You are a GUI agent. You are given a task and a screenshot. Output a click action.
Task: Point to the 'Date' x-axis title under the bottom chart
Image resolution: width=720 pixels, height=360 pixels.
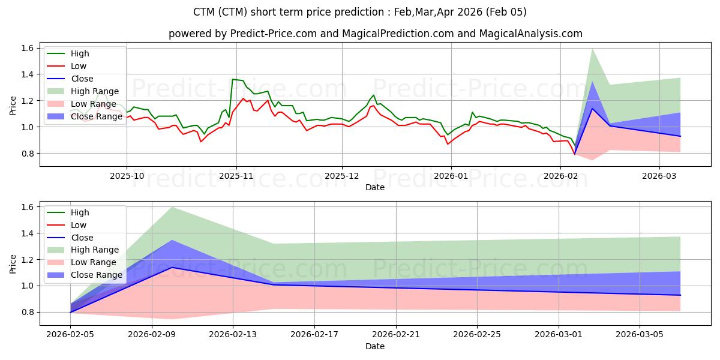pos(375,346)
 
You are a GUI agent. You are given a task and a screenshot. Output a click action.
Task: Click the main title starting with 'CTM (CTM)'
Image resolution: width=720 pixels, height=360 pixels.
pos(360,12)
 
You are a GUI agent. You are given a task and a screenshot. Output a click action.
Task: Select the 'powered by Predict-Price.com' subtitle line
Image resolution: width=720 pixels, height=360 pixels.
pos(375,34)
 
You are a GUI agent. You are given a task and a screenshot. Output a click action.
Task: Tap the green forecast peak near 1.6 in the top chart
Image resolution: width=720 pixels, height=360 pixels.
pos(592,49)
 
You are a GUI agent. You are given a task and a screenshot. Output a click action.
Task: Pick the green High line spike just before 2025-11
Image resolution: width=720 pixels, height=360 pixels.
pos(232,79)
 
